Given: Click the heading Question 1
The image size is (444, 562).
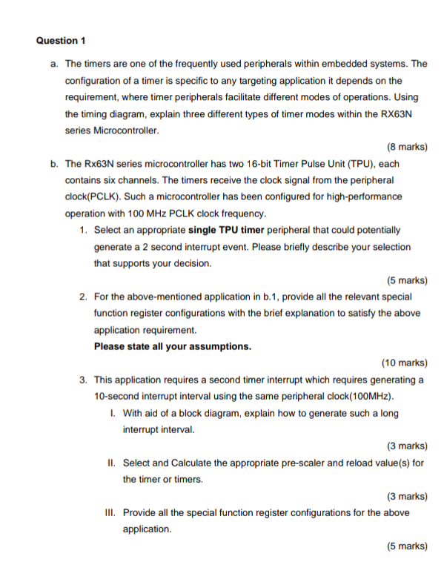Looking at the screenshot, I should click(x=61, y=40).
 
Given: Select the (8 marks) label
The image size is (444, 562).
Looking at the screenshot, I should click(x=407, y=146).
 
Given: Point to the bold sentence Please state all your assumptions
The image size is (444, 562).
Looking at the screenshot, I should click(x=173, y=346).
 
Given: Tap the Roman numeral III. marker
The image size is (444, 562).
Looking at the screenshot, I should click(x=112, y=512).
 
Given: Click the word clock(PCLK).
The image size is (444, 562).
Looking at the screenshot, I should click(x=90, y=196).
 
